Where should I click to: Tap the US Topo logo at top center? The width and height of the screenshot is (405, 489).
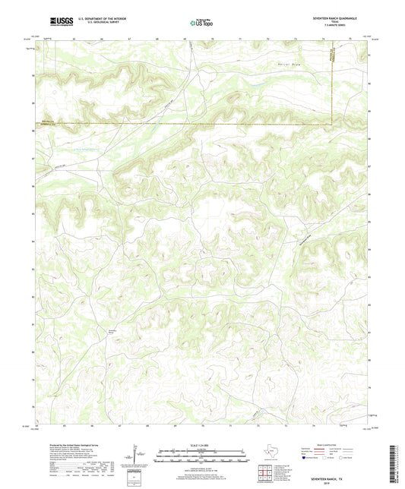201,24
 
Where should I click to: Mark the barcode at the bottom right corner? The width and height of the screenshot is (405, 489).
397,462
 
